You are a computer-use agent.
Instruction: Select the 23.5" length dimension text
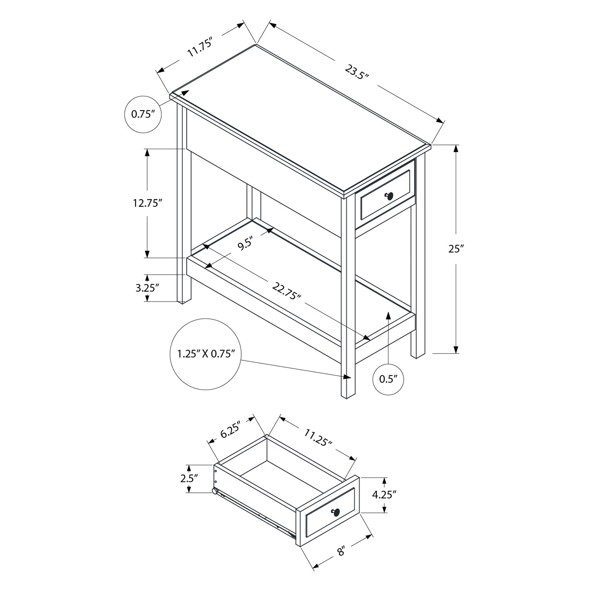click(356, 73)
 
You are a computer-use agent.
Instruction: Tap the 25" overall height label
click(456, 249)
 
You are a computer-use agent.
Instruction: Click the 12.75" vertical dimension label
click(148, 203)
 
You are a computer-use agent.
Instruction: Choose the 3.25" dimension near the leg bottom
click(147, 288)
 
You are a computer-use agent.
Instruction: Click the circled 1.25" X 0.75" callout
click(206, 354)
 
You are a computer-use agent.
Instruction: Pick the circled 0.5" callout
click(388, 379)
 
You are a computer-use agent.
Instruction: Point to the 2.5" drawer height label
click(189, 478)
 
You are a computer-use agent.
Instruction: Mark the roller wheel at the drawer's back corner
click(214, 491)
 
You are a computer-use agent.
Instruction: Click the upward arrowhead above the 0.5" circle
click(388, 315)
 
